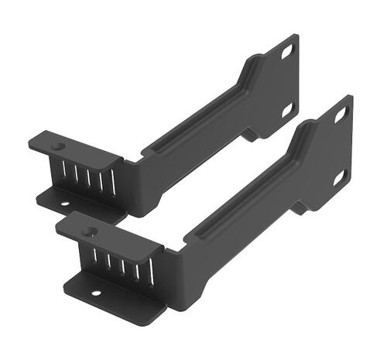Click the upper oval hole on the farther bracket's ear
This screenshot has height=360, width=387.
286,51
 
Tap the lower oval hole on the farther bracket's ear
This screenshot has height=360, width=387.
286,109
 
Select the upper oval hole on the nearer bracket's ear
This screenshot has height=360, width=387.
341,115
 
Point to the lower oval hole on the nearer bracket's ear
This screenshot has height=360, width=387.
339,177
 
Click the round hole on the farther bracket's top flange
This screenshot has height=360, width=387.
57,145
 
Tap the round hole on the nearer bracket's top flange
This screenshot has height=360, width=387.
91,230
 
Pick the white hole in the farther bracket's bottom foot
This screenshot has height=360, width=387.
64,203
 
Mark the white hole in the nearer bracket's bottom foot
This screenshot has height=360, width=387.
98,293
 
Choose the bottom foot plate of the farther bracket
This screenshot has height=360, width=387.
77,203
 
